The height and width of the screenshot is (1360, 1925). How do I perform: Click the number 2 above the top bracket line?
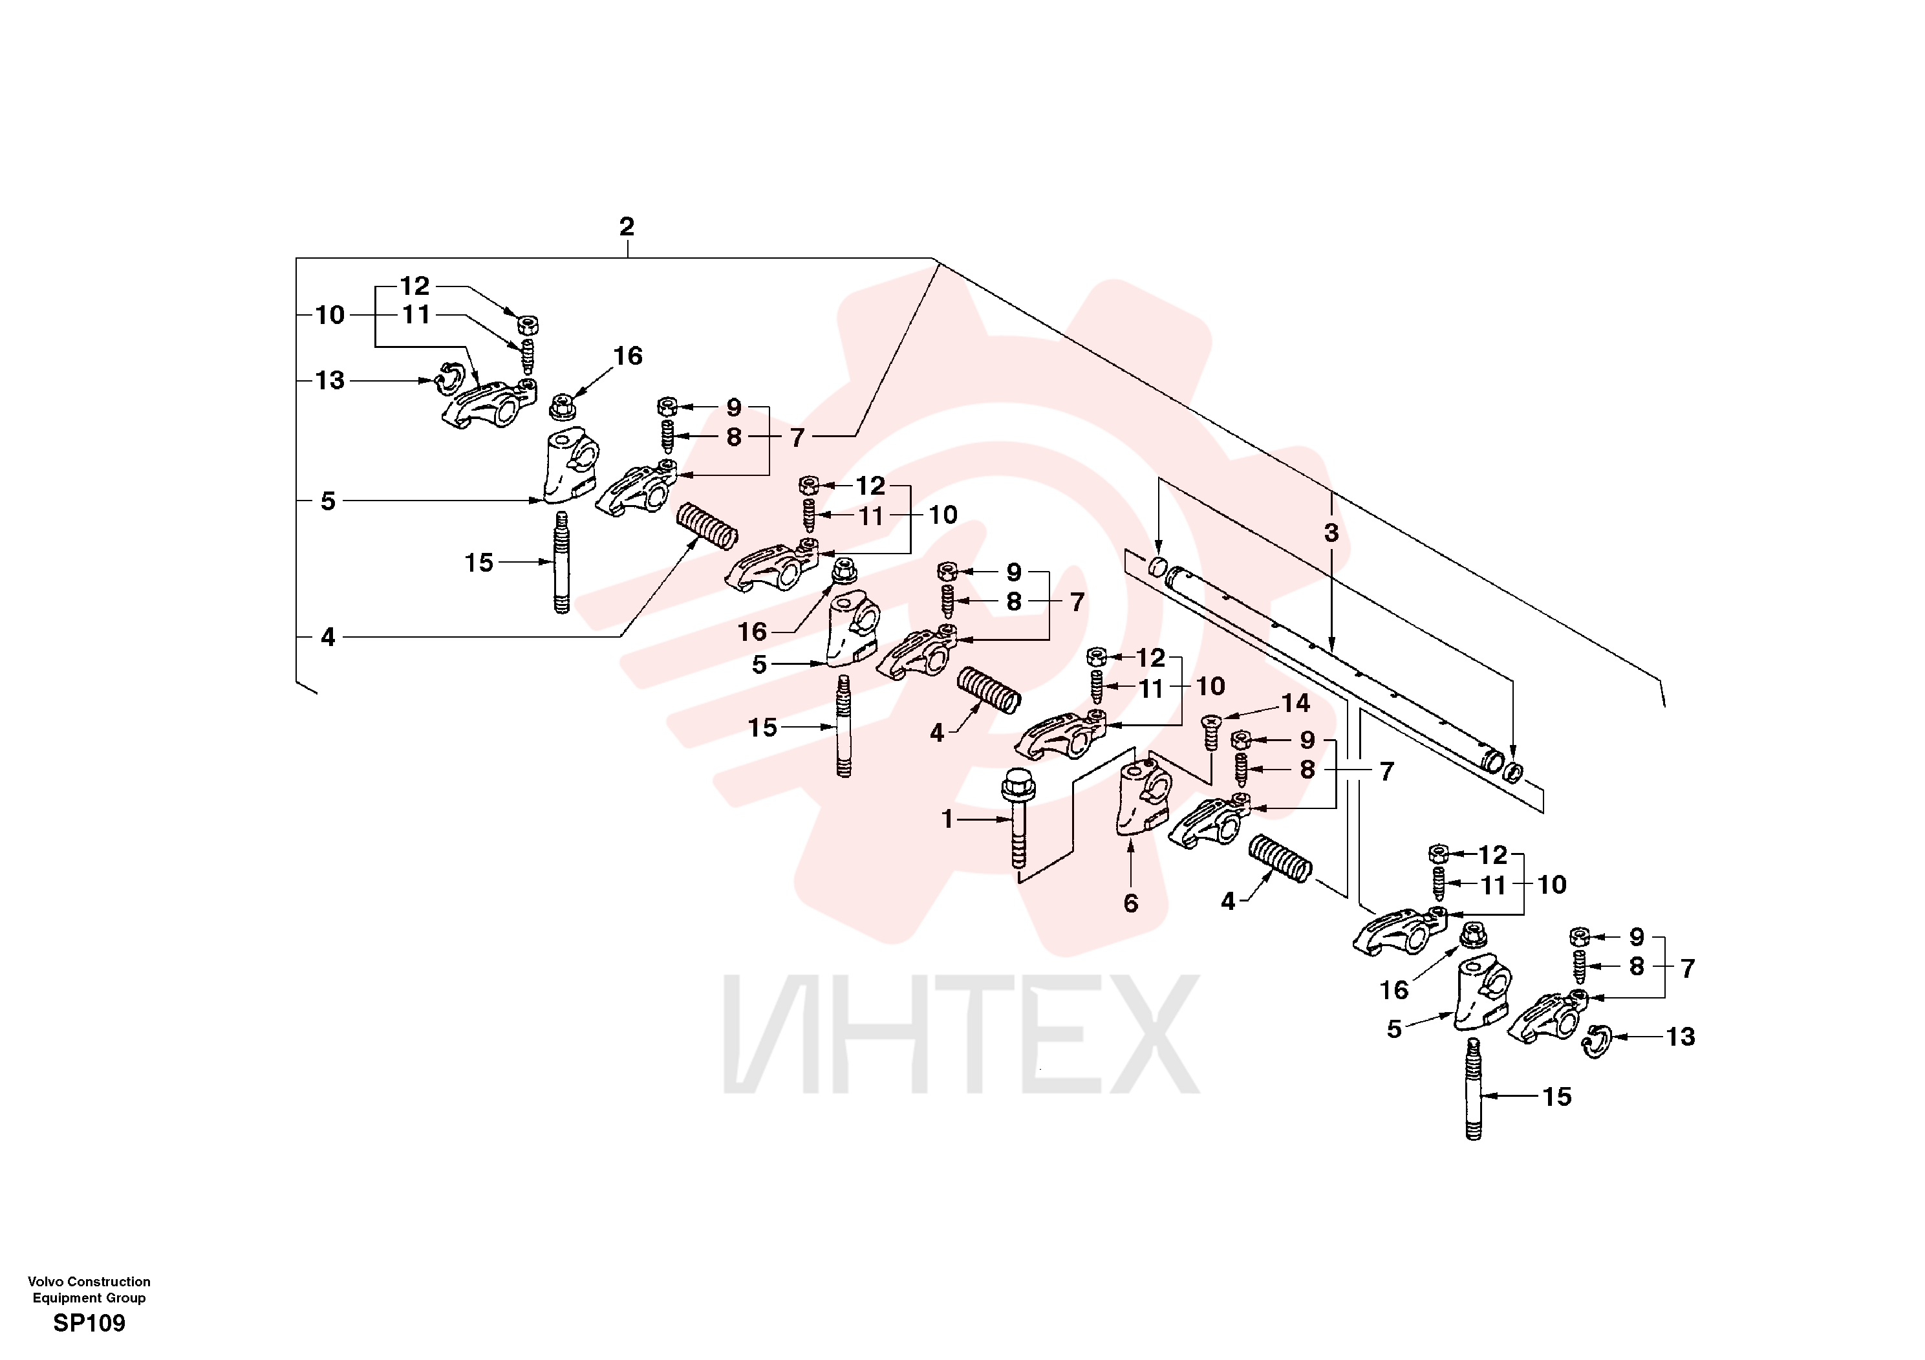(x=627, y=226)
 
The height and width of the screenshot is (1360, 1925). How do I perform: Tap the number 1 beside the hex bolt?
(x=947, y=819)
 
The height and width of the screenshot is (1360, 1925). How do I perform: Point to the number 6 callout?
(x=1131, y=903)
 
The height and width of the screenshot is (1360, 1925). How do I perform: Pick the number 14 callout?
(x=1295, y=704)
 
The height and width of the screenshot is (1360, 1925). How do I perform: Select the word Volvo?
(x=45, y=1281)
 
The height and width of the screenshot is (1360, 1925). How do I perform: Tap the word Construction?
(x=109, y=1281)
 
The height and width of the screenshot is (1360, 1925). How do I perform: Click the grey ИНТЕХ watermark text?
(x=961, y=1034)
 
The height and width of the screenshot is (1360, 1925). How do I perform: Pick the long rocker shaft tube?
(x=1331, y=670)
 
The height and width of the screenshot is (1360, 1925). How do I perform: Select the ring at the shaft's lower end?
(x=1513, y=770)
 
